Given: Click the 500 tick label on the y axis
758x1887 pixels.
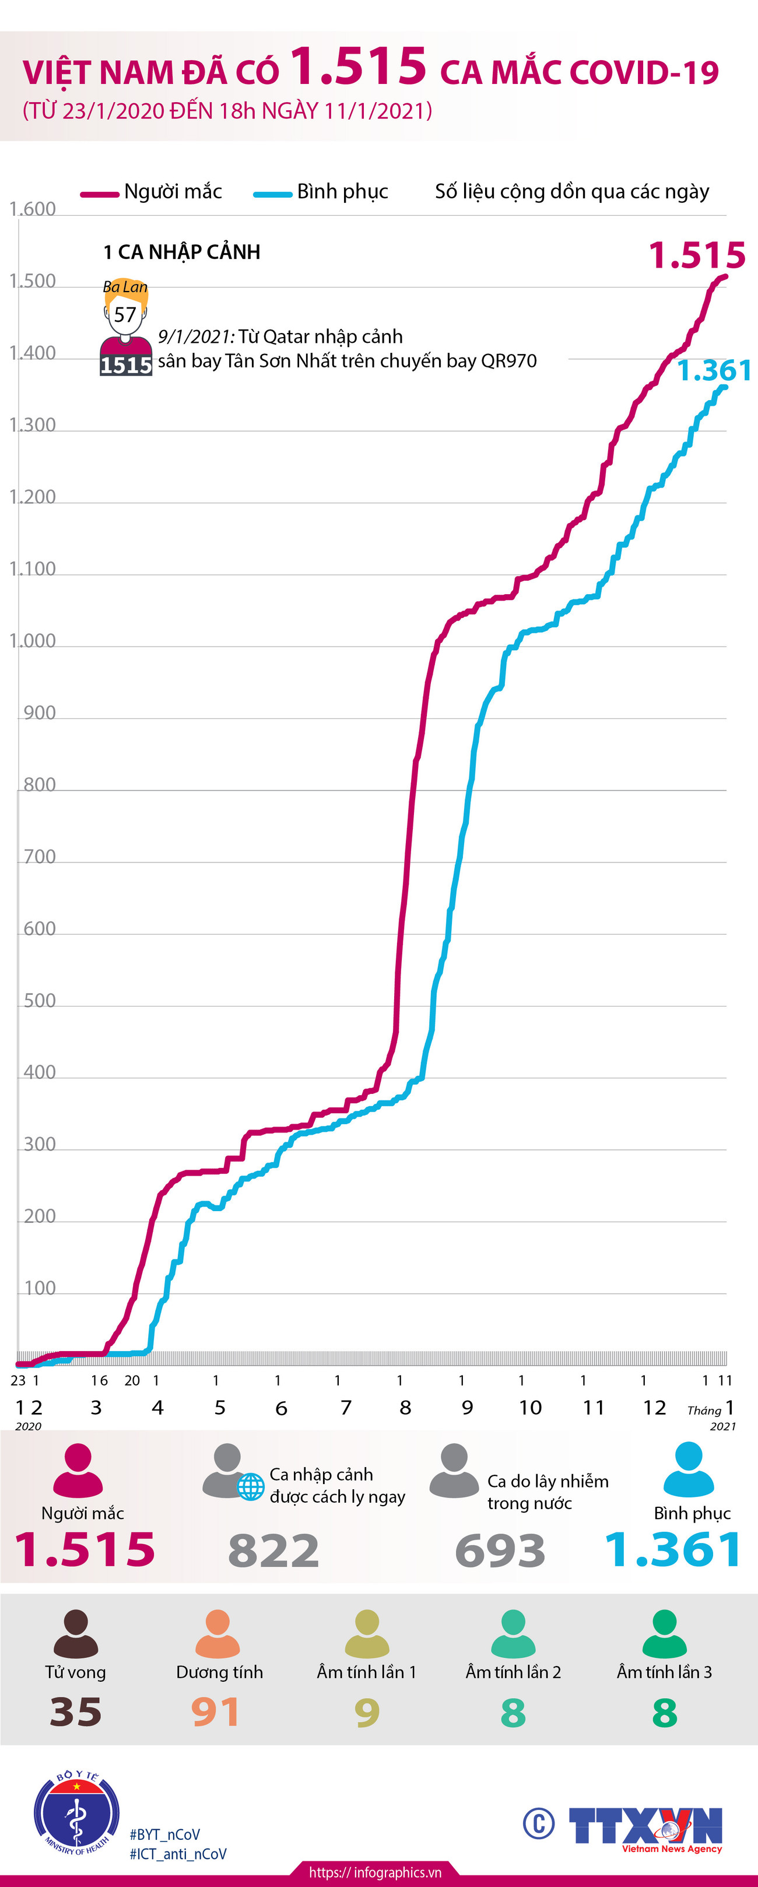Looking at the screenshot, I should tap(40, 1001).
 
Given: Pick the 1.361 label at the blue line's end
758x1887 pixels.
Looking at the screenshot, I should tap(714, 371).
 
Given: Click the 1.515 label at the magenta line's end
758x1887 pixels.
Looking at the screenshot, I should tap(696, 255).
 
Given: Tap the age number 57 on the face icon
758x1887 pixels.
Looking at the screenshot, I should tap(125, 315).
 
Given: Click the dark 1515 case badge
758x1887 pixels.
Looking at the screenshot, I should tap(126, 365).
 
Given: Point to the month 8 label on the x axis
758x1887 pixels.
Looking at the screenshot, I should tap(405, 1407).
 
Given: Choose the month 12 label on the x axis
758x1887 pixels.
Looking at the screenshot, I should tap(654, 1407).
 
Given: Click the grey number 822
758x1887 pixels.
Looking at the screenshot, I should tap(273, 1551).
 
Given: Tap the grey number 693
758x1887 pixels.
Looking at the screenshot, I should tap(500, 1551).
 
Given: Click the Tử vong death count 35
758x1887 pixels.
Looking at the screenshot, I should tap(75, 1712).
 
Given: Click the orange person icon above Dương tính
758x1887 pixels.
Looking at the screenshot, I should tap(217, 1633).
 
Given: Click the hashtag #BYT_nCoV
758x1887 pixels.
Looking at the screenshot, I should tap(165, 1835).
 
